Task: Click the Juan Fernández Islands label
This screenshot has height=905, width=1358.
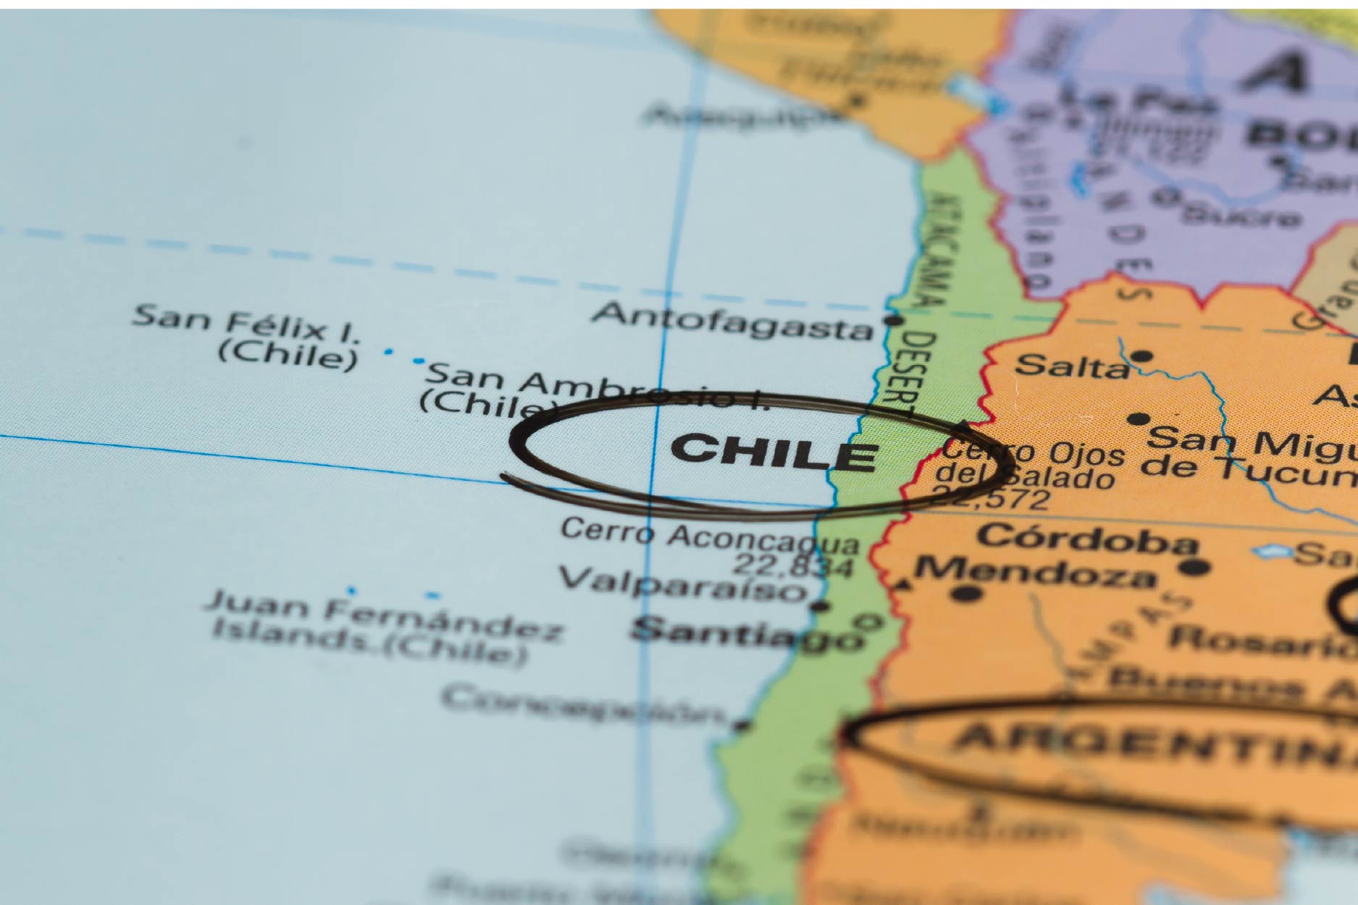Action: click(x=384, y=627)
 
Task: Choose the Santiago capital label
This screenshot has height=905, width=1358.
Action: click(x=746, y=632)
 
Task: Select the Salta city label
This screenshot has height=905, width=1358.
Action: click(x=1071, y=366)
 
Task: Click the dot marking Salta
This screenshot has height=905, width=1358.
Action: click(x=1141, y=355)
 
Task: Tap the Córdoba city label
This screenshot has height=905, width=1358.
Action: click(x=1086, y=539)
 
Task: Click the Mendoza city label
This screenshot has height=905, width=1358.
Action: click(x=1036, y=572)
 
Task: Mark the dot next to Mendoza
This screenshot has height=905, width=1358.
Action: click(x=967, y=594)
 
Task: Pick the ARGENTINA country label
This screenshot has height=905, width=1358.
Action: click(x=1152, y=746)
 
